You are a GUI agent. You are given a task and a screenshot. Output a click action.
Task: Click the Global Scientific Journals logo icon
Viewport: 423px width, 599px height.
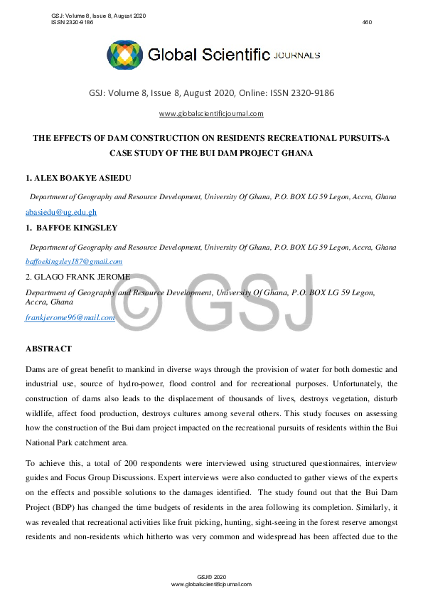[x=124, y=55]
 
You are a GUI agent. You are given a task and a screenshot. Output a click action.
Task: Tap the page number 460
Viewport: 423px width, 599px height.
[x=367, y=22]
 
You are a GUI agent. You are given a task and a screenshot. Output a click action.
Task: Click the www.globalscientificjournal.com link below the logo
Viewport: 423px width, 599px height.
[x=211, y=114]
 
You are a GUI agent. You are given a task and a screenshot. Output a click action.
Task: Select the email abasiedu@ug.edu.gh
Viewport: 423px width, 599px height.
[x=61, y=212]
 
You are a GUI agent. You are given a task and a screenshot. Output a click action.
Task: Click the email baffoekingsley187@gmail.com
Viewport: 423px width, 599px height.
[x=74, y=261]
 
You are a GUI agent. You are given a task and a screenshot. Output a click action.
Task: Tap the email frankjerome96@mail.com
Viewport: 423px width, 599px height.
[x=70, y=317]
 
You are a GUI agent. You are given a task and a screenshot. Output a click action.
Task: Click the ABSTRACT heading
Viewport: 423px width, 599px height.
[x=48, y=349]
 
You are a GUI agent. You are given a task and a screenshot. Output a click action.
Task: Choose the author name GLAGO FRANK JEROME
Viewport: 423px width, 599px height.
[x=77, y=277]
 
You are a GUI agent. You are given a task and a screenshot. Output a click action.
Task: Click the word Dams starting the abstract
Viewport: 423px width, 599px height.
[x=36, y=369]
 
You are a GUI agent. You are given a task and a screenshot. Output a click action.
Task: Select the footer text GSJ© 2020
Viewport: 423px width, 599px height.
[x=211, y=576]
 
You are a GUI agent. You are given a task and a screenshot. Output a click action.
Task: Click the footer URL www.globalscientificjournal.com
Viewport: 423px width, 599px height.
[x=211, y=583]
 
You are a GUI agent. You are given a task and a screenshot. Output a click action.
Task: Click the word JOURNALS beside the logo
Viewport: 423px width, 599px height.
[x=296, y=55]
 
